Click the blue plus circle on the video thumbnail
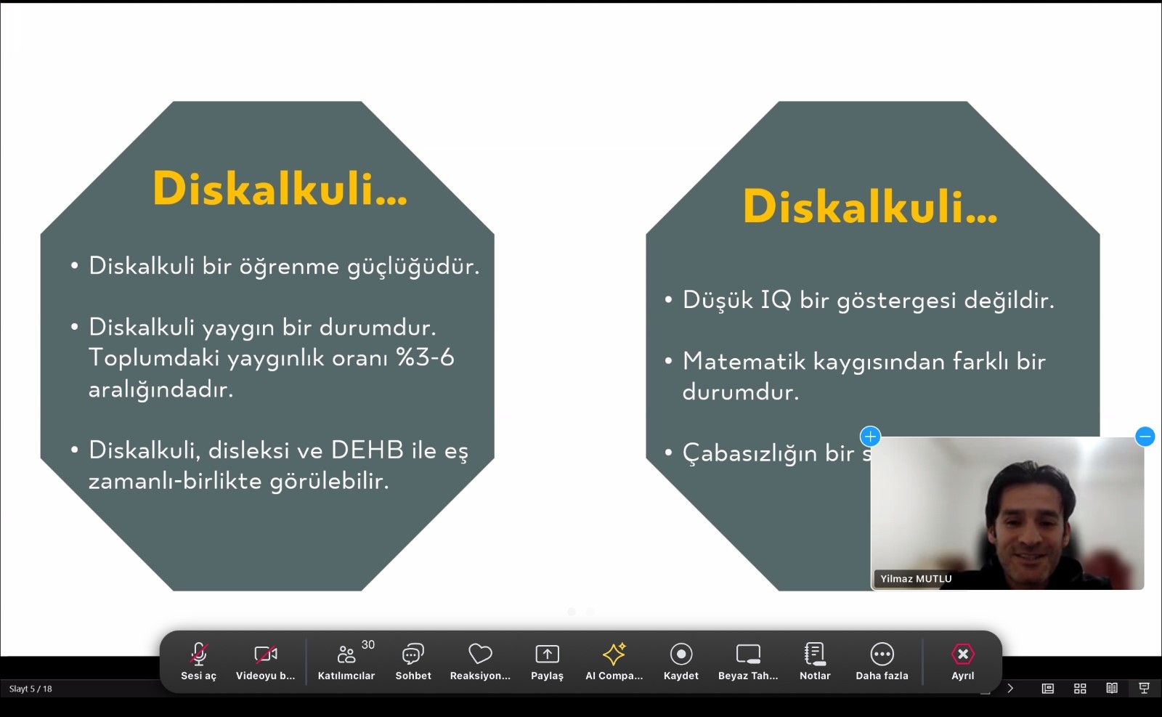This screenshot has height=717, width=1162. (x=870, y=437)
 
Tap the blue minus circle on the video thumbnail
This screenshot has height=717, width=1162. (x=1145, y=437)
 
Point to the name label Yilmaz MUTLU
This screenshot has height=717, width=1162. (x=915, y=579)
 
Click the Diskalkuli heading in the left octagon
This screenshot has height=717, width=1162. (x=280, y=189)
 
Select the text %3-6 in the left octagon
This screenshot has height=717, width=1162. (x=425, y=357)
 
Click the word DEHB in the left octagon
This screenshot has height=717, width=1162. (x=367, y=450)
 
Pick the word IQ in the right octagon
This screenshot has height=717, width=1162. (x=776, y=300)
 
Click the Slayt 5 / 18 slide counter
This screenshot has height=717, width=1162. (x=31, y=689)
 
